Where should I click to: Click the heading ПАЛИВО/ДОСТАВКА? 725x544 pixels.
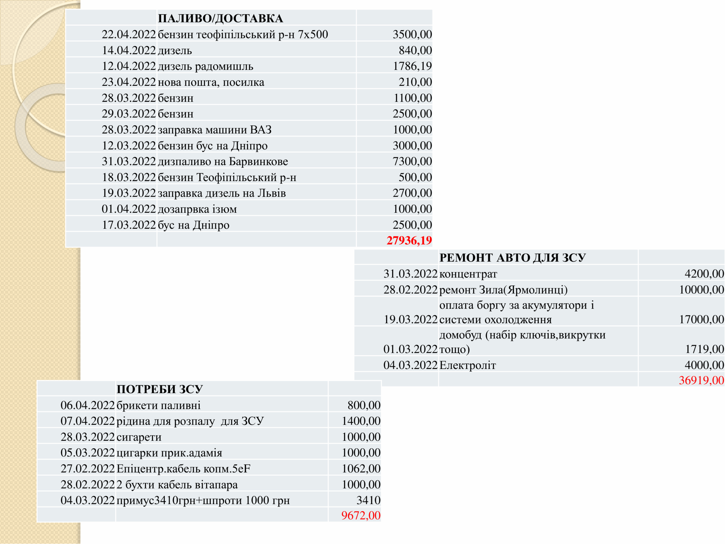(220, 18)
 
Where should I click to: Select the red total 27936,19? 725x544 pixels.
(409, 240)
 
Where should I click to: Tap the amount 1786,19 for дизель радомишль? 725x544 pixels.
(412, 66)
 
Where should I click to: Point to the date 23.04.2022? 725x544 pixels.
(129, 82)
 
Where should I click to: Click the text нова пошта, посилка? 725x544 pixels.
(211, 82)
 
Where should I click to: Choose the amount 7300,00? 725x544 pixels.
(412, 161)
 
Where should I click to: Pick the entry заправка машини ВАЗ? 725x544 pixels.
(215, 130)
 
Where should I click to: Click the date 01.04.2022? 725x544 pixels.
(129, 209)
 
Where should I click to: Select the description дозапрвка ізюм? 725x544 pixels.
(197, 209)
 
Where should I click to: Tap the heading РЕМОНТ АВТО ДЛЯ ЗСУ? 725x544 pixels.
(512, 258)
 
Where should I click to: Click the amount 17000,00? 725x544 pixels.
(701, 319)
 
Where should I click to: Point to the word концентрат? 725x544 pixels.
(468, 274)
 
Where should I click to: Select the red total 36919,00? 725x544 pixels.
(701, 380)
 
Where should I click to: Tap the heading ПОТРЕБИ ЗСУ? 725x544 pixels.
(160, 389)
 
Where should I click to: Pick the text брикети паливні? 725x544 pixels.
(158, 405)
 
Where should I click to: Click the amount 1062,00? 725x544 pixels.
(361, 469)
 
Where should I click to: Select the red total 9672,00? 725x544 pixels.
(361, 515)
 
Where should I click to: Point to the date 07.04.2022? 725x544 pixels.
(88, 421)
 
